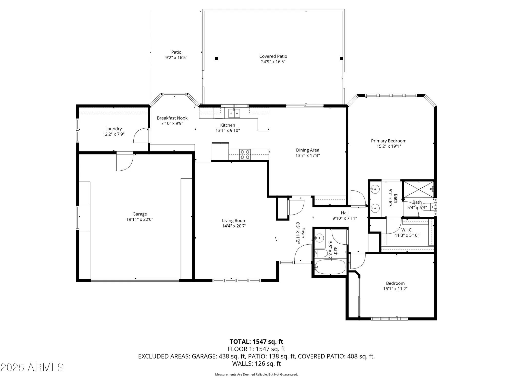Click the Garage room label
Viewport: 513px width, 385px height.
140,214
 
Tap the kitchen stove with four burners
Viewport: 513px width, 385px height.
245,154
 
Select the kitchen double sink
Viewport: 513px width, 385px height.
234,113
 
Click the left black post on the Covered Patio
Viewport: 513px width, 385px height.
216,58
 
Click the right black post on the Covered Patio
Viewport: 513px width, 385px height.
341,58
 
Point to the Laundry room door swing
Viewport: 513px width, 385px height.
140,136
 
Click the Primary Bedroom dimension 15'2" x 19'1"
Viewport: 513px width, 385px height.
389,146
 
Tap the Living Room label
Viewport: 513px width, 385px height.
234,220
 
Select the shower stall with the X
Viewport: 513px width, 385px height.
418,189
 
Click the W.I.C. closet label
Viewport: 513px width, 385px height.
407,230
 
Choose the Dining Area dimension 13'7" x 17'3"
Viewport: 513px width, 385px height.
308,156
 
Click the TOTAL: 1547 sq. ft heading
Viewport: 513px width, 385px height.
256,342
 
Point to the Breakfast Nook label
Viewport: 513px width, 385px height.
172,118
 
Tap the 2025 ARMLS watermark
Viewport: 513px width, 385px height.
32,368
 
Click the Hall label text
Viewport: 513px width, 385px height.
345,213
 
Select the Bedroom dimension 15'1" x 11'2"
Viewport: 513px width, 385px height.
395,289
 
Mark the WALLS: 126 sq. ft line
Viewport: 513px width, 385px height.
256,363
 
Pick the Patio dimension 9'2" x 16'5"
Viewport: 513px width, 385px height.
176,58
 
